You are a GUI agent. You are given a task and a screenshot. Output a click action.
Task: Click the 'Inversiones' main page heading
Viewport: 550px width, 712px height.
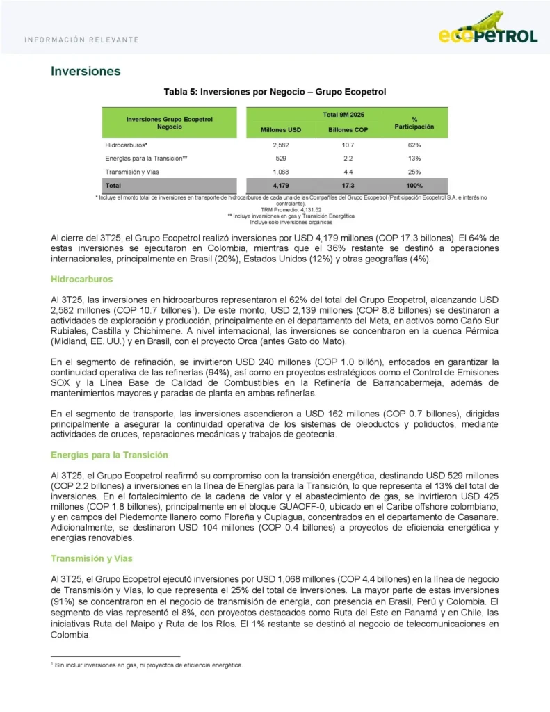(86, 71)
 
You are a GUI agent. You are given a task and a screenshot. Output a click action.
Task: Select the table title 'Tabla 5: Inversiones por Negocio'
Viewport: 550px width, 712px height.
(275, 92)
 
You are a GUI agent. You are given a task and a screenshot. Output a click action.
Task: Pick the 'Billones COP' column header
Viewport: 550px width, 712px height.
(348, 130)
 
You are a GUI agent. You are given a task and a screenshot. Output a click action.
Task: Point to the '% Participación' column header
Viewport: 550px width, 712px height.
(414, 123)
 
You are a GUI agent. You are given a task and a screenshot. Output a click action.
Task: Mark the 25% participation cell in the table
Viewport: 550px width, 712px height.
(414, 172)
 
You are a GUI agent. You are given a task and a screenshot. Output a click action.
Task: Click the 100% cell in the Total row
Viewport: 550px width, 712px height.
(414, 186)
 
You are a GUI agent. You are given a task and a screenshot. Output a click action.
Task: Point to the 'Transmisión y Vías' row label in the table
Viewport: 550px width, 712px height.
(133, 172)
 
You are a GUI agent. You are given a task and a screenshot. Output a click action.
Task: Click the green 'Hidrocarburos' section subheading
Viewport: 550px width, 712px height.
(82, 279)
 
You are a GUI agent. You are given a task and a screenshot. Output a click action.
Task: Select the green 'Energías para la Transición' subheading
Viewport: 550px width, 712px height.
(109, 455)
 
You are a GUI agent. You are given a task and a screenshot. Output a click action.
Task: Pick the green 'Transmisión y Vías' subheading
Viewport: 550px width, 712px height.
(91, 558)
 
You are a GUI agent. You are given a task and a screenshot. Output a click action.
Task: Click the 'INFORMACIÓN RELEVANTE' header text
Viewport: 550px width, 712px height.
(81, 39)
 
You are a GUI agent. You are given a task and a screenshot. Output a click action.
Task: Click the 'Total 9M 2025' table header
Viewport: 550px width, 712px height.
(343, 114)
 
